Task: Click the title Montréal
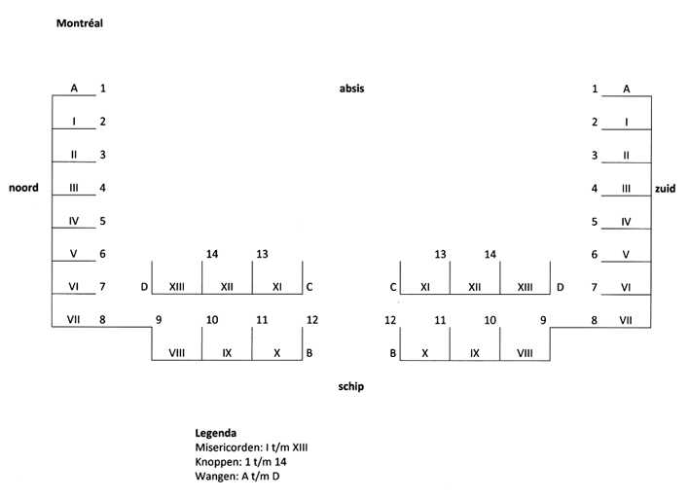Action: coord(80,22)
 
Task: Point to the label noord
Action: coord(24,188)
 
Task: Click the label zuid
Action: coord(666,189)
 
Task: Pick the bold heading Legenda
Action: coord(216,432)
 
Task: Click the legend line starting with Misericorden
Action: coord(251,446)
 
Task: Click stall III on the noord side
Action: coord(74,188)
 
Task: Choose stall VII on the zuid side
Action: coord(626,320)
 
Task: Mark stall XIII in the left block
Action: coord(177,287)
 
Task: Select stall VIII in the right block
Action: coord(526,353)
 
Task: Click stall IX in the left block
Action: coord(227,353)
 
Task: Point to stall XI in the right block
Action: coord(425,287)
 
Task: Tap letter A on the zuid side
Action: coord(626,89)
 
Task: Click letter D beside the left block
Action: coord(144,287)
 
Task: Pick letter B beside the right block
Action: coord(393,353)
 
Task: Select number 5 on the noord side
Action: coord(103,221)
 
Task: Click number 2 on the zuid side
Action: coord(595,123)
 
